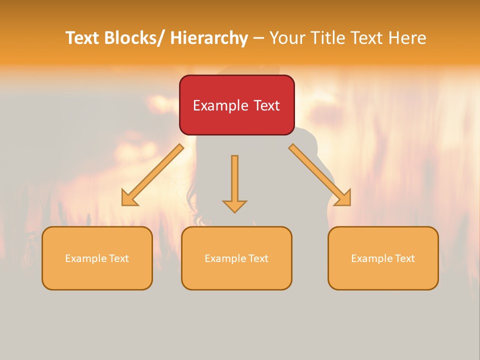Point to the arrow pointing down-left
point(152,174)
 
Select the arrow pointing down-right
point(320,174)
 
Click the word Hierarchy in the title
point(209,38)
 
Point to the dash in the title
point(258,38)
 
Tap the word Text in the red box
point(265,105)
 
